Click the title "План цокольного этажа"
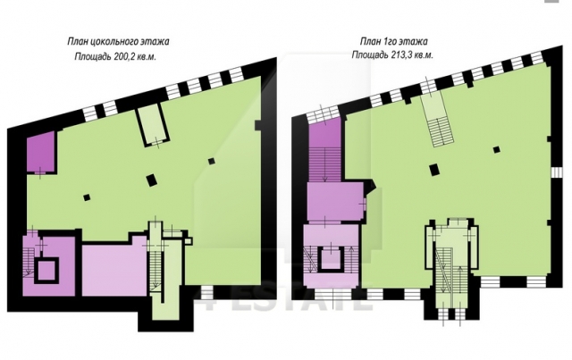click(x=118, y=42)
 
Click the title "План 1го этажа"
click(x=393, y=41)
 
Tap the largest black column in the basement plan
click(x=151, y=180)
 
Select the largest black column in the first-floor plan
click(x=433, y=170)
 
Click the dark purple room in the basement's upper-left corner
click(x=41, y=152)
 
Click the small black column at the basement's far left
click(x=87, y=197)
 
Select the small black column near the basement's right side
click(x=212, y=161)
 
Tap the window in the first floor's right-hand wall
click(x=556, y=172)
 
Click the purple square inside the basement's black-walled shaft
click(x=46, y=271)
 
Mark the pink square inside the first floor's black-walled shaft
click(x=332, y=258)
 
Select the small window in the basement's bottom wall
click(x=206, y=292)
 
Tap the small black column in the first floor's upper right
click(x=496, y=149)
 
